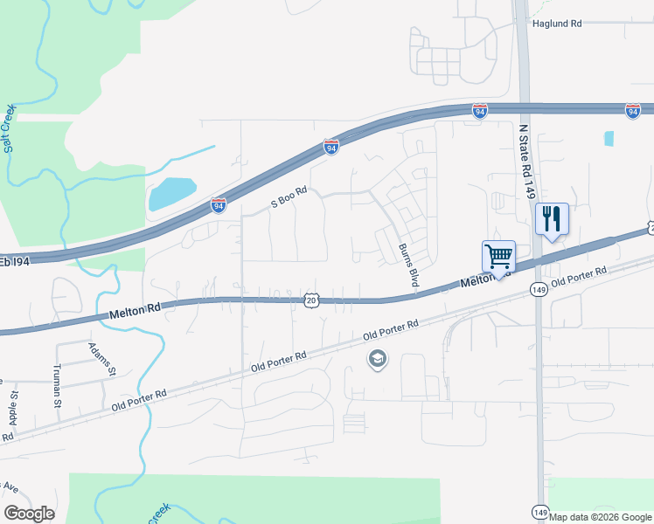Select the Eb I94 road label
click(x=15, y=261)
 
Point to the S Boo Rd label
click(x=289, y=196)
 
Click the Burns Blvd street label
click(x=407, y=265)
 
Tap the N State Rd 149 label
click(x=525, y=162)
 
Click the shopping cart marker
click(x=498, y=257)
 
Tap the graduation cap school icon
click(x=378, y=359)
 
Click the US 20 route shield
click(x=311, y=300)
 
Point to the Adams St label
click(x=102, y=359)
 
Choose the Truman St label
click(x=57, y=387)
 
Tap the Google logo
click(x=29, y=514)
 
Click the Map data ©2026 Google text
click(x=601, y=517)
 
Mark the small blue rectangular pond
click(x=609, y=138)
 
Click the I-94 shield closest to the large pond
click(x=219, y=205)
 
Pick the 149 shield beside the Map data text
click(x=539, y=513)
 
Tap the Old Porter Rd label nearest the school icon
click(x=392, y=329)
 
